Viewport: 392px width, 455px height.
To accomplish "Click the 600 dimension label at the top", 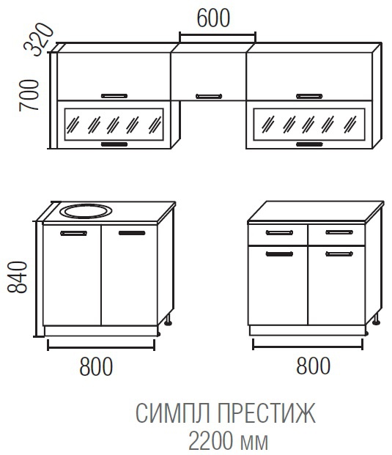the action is click(213, 18).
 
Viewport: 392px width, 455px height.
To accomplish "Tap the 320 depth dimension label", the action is click(39, 39).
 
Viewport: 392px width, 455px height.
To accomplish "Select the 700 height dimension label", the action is click(29, 95).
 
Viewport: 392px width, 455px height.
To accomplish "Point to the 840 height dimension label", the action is click(17, 277).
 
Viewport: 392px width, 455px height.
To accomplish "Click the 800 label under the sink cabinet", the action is click(96, 366).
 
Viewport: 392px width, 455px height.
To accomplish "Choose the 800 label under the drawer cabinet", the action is click(313, 366).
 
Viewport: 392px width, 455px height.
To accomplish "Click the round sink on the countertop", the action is click(86, 211).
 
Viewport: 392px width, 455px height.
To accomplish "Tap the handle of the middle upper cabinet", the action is click(209, 96).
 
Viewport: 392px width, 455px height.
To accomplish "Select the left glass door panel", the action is click(114, 125).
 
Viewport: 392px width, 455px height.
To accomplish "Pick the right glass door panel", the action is click(308, 125).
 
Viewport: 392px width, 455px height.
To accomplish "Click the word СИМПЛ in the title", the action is click(172, 413).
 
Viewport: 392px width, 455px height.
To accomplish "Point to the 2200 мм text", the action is click(229, 441).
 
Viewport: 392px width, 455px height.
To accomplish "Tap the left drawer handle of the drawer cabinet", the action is click(279, 232).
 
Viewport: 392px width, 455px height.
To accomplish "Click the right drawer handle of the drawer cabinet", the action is click(339, 232).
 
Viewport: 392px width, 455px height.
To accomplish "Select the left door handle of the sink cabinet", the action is click(74, 233).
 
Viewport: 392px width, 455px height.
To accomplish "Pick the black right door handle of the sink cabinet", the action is click(132, 233).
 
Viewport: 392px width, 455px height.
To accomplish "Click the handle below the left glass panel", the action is click(114, 144).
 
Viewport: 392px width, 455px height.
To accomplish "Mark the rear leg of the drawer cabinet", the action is click(376, 319).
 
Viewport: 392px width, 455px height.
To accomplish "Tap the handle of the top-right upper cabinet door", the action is click(309, 96).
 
